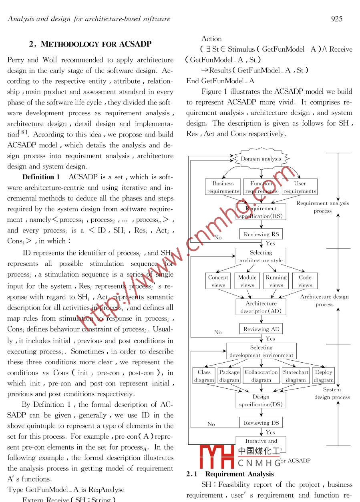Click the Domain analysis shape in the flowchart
[261, 159]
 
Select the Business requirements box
[223, 187]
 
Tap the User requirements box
[300, 187]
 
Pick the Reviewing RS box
[261, 234]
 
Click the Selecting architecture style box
[261, 257]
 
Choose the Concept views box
[218, 281]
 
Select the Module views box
[247, 281]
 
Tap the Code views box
[305, 281]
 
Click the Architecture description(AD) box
[261, 307]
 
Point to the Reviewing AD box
[261, 329]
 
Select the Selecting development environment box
[261, 351]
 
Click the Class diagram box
[204, 376]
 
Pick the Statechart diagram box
[296, 376]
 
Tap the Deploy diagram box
[324, 376]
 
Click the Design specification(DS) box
[261, 400]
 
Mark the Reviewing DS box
[261, 423]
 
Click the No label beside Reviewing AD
[218, 332]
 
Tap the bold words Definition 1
[41, 177]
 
